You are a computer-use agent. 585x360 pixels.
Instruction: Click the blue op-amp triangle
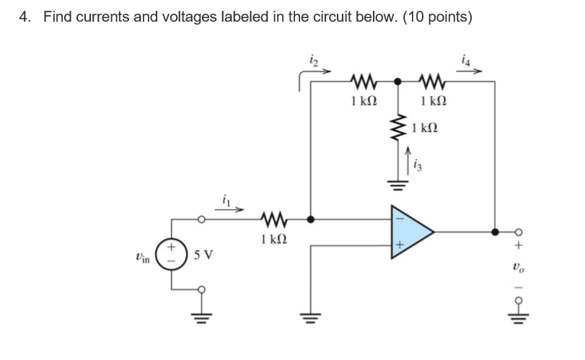click(x=410, y=232)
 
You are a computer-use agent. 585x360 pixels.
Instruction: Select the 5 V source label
click(x=201, y=256)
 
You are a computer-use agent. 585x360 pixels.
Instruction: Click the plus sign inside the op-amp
click(x=397, y=246)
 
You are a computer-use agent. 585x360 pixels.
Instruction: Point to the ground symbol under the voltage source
click(x=202, y=317)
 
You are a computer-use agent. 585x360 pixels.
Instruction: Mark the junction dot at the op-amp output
click(x=495, y=232)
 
